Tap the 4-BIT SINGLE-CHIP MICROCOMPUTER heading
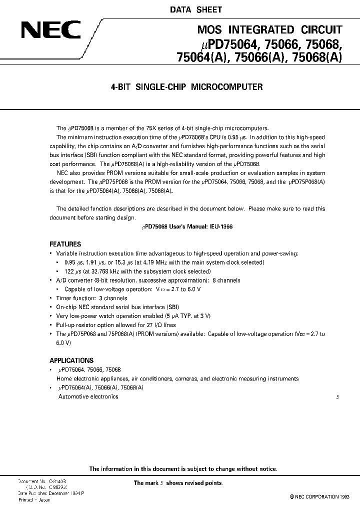point(186,86)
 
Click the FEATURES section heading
point(65,244)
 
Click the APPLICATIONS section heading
point(71,360)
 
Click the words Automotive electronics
point(88,396)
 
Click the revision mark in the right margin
point(337,397)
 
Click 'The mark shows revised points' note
point(178,483)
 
